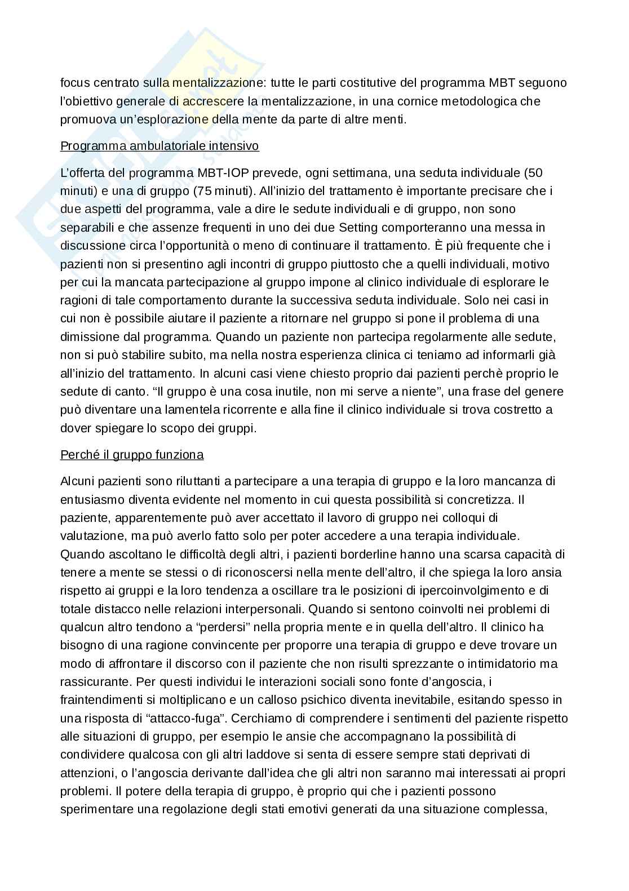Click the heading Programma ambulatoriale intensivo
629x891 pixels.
click(160, 146)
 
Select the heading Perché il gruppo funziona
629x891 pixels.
click(132, 454)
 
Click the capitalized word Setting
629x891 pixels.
click(365, 228)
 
